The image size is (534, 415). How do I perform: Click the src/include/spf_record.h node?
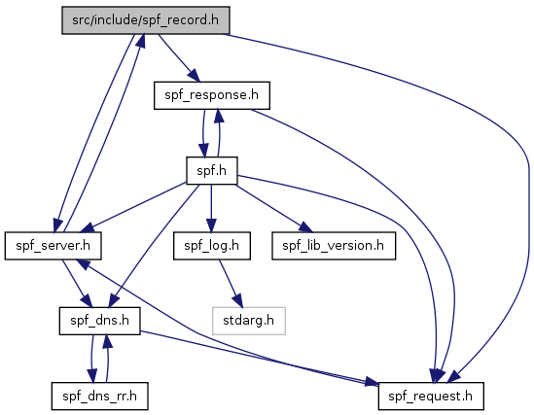[146, 20]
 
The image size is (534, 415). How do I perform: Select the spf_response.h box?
[212, 95]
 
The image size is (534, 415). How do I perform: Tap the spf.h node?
[212, 170]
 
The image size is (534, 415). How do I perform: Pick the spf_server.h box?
[53, 246]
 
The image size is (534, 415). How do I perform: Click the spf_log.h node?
[212, 246]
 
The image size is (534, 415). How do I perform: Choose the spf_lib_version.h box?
[334, 246]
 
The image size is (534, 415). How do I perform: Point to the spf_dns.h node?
[100, 321]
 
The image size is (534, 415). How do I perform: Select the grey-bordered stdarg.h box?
[249, 321]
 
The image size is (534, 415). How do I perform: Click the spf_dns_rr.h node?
[100, 396]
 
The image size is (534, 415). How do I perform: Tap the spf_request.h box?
[431, 396]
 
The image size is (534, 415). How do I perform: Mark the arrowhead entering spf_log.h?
[211, 225]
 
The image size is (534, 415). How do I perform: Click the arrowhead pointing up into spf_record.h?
[141, 41]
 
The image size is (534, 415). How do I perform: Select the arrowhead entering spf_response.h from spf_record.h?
[194, 76]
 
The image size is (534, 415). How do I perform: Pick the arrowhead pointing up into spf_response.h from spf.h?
[219, 117]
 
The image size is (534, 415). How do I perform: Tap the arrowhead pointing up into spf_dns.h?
[108, 341]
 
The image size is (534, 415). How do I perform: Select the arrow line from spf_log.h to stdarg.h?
[229, 280]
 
